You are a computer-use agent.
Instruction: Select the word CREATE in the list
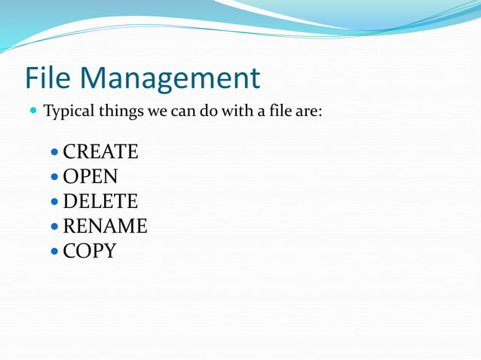(x=100, y=152)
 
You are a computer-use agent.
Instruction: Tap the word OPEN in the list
(x=90, y=177)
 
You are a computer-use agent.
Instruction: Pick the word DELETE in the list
(x=100, y=202)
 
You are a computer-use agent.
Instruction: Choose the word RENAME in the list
(x=105, y=226)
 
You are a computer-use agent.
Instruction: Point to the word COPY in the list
(x=89, y=251)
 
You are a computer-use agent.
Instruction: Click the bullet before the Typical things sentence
(x=32, y=112)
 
